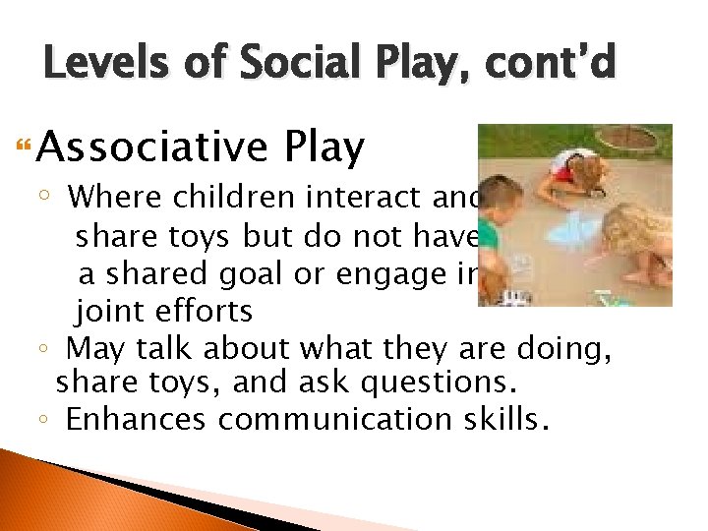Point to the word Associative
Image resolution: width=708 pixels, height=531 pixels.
pyautogui.click(x=154, y=147)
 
